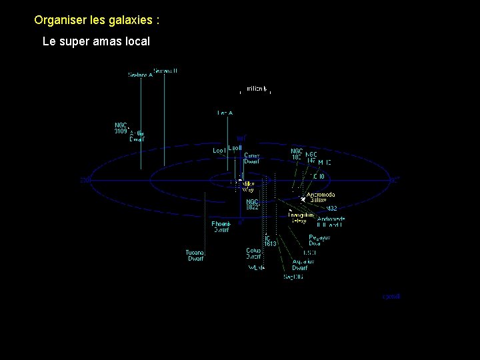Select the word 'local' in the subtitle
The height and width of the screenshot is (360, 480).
(136, 41)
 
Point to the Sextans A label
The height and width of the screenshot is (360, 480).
(140, 75)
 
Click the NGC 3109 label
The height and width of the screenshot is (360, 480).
(121, 127)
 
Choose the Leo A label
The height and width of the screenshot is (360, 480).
(225, 113)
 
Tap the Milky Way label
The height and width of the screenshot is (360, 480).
(247, 186)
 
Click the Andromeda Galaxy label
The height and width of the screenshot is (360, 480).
(321, 197)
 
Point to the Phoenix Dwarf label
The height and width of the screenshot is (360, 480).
(221, 227)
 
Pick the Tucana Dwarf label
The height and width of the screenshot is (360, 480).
(195, 255)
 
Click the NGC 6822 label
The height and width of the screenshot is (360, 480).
(252, 204)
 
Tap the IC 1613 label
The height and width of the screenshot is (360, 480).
(269, 241)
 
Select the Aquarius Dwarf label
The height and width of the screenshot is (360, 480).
(303, 265)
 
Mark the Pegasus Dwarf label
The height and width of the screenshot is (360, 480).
(319, 240)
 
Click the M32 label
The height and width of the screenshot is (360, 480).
(331, 209)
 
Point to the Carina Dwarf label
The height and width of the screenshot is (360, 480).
(252, 158)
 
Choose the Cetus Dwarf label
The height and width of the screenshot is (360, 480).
(253, 254)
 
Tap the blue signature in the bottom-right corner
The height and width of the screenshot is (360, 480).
(391, 296)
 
